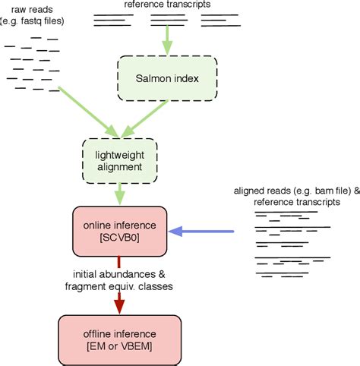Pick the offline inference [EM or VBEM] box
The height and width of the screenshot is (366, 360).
coord(119,337)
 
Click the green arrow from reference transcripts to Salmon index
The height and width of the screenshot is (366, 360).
coord(168,40)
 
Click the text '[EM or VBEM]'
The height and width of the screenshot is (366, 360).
coord(119,345)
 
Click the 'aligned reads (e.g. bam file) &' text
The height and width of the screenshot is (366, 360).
coord(297,191)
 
